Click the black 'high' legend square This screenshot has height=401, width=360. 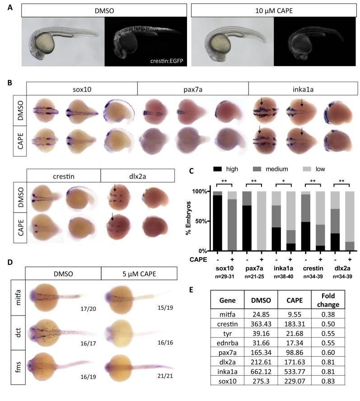click(x=222, y=169)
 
